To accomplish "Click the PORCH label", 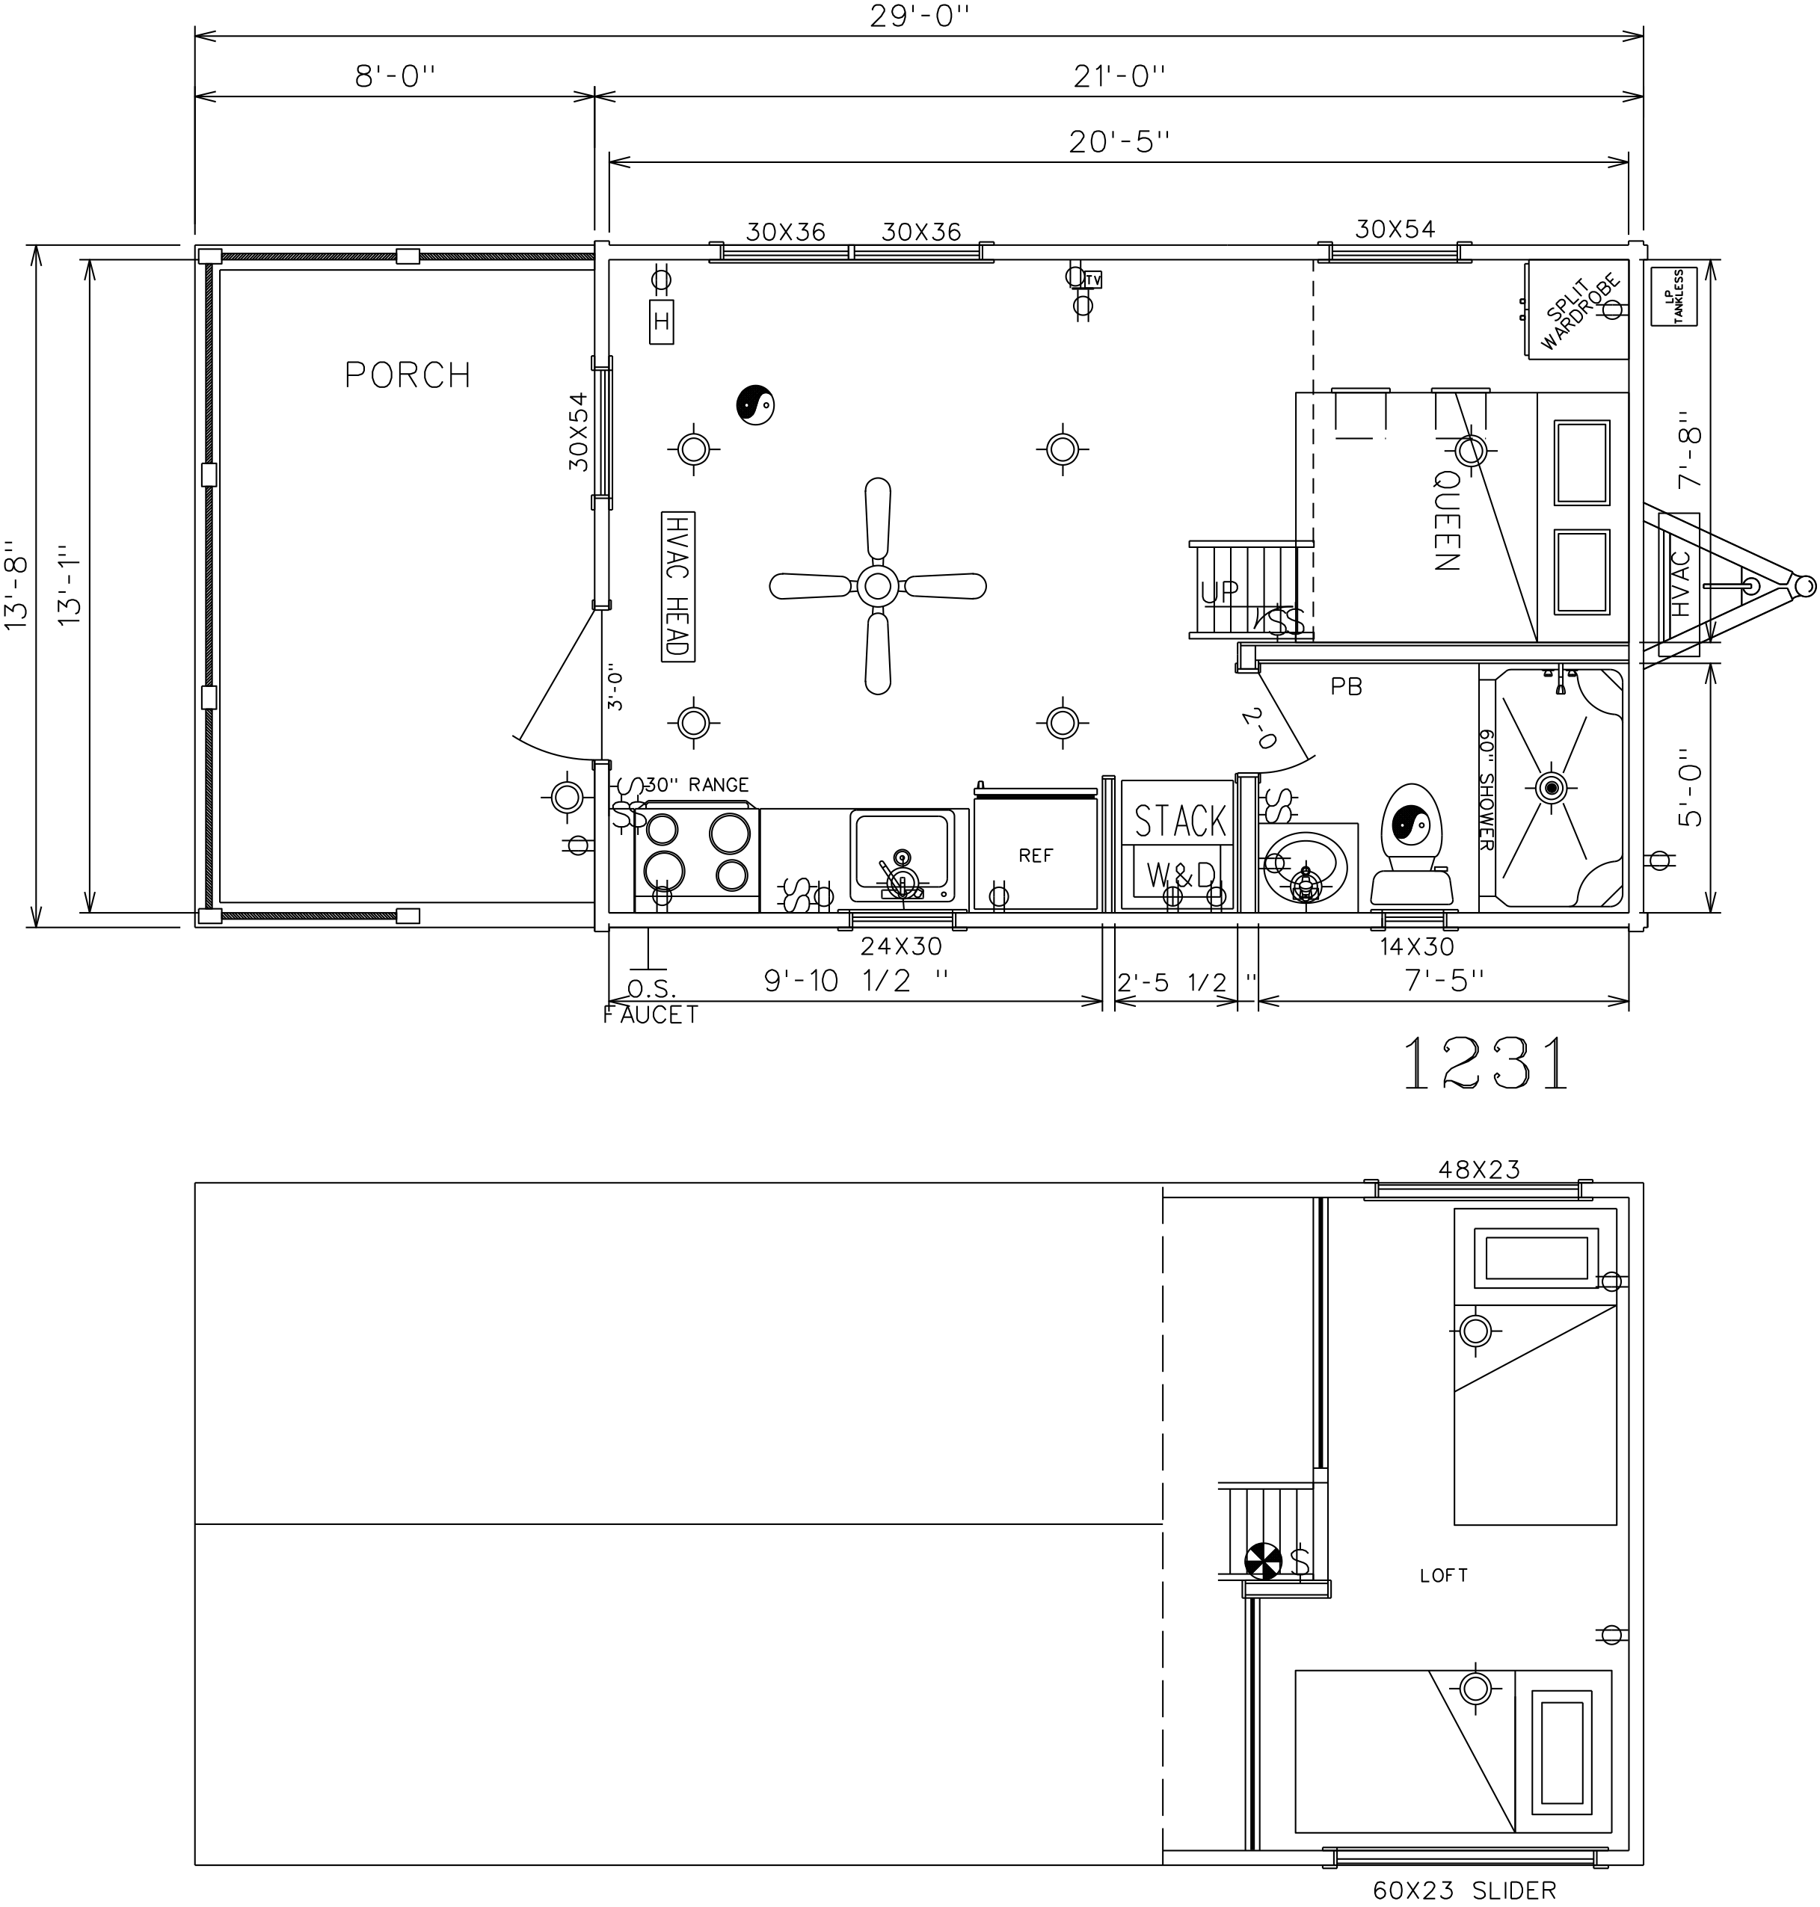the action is [408, 375].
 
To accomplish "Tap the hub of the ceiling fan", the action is [877, 586].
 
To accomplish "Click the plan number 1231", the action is [1484, 1063].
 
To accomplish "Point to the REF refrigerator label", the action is [1035, 855].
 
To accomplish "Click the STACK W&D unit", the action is [1178, 845].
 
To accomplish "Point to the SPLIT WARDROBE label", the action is [1573, 312].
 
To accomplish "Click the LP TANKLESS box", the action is [1673, 296].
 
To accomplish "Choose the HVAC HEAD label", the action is [678, 586].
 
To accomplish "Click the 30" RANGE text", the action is [697, 785].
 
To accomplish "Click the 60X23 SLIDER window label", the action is [1464, 1890].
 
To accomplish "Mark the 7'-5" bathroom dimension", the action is [1445, 981].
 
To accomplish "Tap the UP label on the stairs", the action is [1220, 592].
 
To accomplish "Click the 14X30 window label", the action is [1416, 946].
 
